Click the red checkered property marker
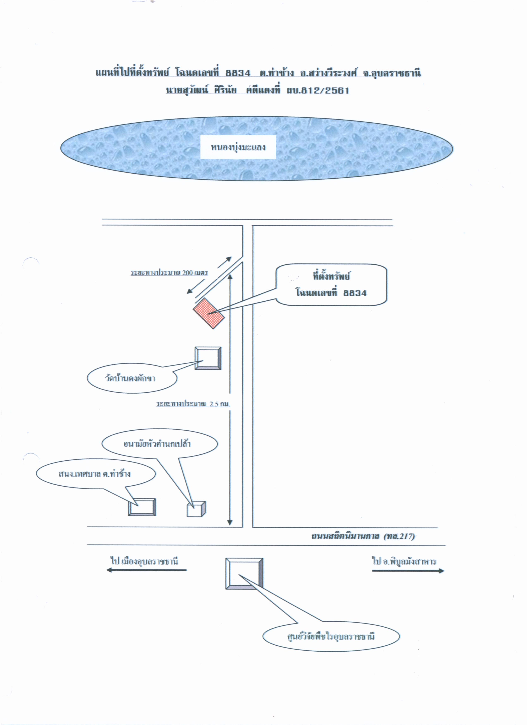(x=209, y=313)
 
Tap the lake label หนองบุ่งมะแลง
(x=238, y=148)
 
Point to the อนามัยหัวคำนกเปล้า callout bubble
(x=160, y=444)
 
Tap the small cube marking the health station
(x=196, y=509)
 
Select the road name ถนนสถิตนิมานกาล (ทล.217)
(x=363, y=536)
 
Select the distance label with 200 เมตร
(x=169, y=273)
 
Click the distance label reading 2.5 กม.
(x=193, y=404)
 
